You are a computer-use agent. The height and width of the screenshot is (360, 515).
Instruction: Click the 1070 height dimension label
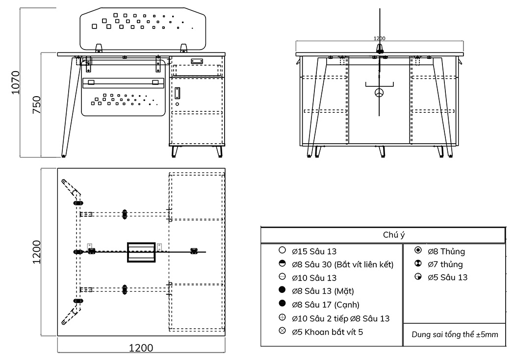pos(15,82)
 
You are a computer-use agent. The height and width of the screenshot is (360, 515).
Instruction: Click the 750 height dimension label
pos(36,105)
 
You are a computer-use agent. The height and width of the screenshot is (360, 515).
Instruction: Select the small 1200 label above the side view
pos(379,38)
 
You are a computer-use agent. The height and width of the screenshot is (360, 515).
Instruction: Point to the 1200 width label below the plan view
pos(141,348)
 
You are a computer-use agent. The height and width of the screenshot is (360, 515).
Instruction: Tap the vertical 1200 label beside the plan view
pos(36,252)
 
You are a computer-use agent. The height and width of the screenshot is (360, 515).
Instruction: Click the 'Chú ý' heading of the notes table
pos(394,235)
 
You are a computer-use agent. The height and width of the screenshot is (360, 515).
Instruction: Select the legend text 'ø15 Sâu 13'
pos(314,252)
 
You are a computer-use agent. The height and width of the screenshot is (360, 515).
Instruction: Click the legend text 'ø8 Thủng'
pos(446,252)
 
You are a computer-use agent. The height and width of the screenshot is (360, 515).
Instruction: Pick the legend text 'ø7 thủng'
pos(445,264)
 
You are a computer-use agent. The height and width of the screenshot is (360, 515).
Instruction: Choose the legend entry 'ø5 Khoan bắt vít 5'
pos(328,332)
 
